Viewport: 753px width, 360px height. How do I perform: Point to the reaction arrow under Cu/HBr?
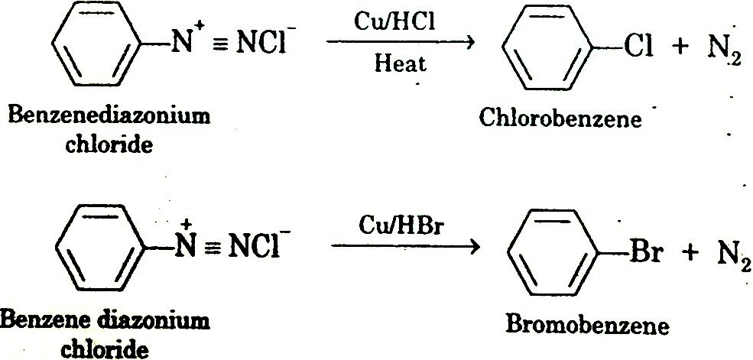[405, 246]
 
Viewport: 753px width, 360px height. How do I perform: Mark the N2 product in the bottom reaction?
[729, 255]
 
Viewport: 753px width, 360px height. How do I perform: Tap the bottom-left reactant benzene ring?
[98, 249]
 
